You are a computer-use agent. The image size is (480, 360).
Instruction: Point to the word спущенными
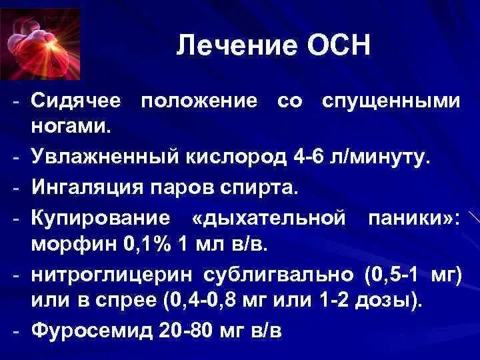point(391,101)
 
